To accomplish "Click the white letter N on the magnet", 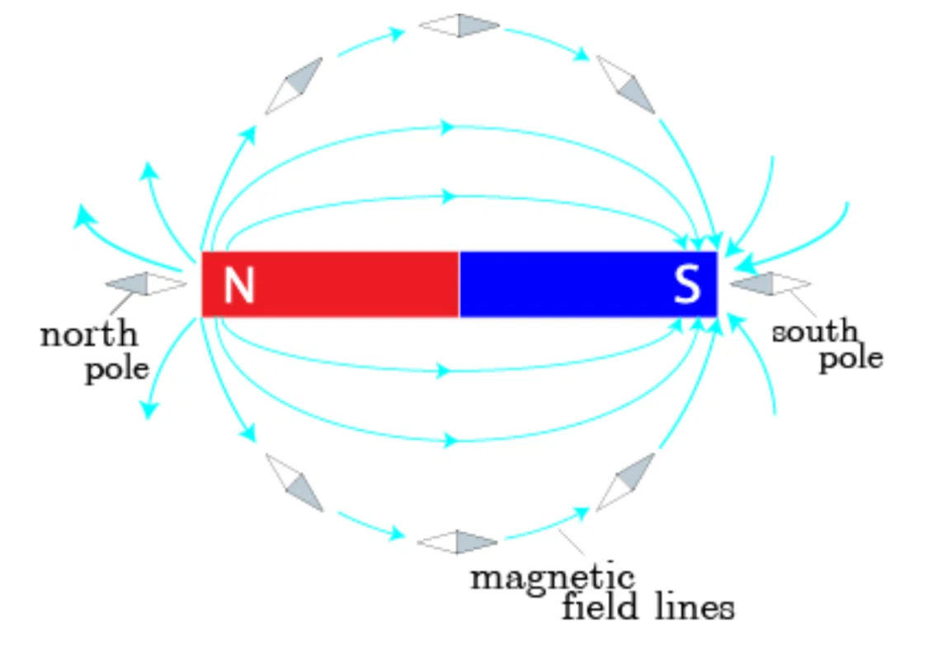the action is pos(239,285).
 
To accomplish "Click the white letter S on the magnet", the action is pos(687,284).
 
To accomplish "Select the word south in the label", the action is pos(814,331).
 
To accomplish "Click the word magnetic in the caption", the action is pos(553,577).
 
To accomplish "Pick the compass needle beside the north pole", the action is pos(146,284).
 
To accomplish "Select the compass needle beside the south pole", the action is pos(770,284).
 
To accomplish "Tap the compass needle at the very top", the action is pos(459,26).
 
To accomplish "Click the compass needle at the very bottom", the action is pos(458,542).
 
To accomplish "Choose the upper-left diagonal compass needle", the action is pos(294,86).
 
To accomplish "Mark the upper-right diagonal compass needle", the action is pos(625,85).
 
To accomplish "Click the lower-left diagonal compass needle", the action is pos(294,483).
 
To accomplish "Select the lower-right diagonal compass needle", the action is pos(625,482).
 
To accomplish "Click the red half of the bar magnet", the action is pos(330,284).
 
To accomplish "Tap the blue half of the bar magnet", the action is pos(588,284).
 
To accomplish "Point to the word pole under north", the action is pos(117,370).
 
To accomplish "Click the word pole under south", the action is pos(851,358).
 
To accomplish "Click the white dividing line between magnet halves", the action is pos(459,284).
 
